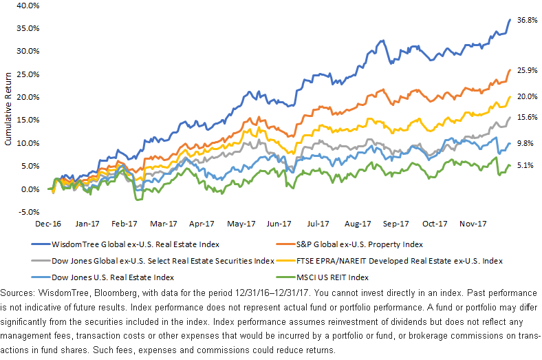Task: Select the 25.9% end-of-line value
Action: click(527, 70)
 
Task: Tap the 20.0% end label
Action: click(527, 96)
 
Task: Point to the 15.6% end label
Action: click(527, 118)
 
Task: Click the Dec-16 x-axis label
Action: click(49, 224)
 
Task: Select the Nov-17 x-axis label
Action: click(471, 224)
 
